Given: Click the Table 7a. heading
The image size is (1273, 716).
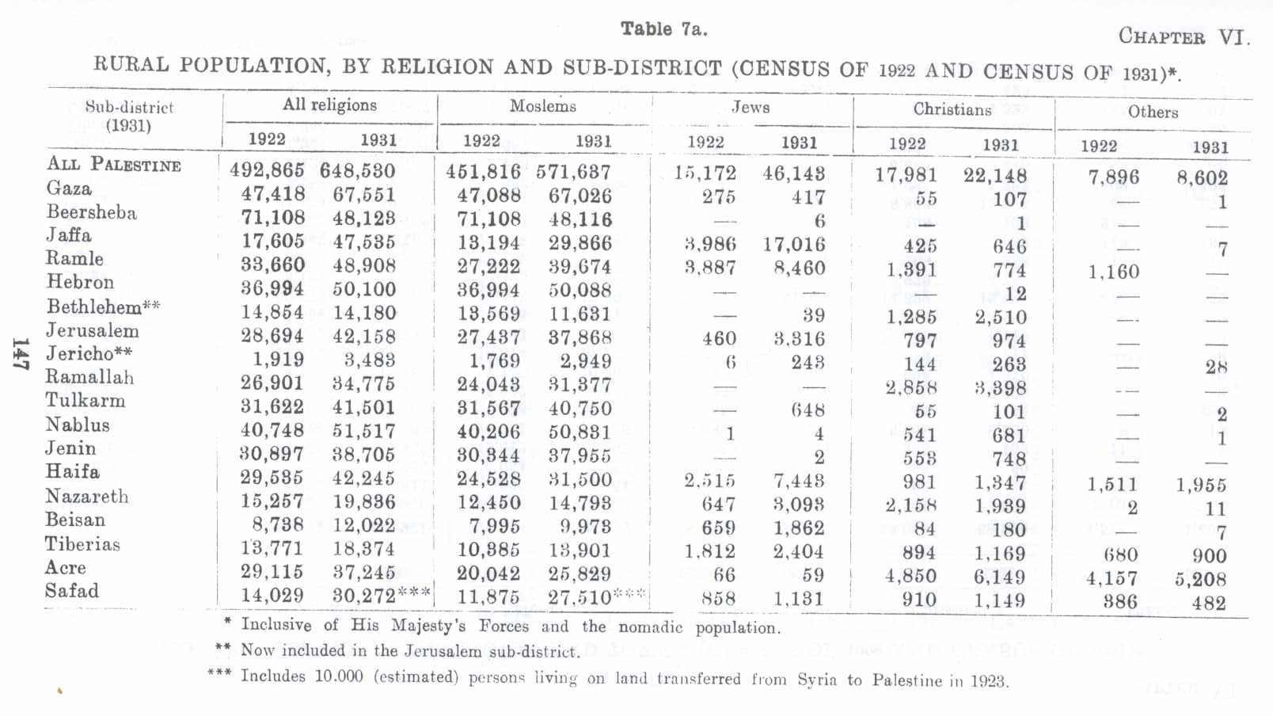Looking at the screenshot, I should point(663,29).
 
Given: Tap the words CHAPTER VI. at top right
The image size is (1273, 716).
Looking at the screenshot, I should point(1183,36).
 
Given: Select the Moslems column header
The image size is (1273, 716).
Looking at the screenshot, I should point(542,106).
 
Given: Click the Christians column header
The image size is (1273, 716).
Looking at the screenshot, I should point(952,109).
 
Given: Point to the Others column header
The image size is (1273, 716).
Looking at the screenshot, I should point(1153,112).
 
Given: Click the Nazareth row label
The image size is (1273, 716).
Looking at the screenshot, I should point(86,497).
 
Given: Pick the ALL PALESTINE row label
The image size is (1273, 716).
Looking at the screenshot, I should point(113,164).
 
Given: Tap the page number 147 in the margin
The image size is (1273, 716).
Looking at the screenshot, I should point(21,354).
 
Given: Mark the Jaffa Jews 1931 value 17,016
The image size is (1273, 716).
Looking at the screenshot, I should point(793,244).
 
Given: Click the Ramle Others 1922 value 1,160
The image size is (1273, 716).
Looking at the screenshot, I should point(1112,272).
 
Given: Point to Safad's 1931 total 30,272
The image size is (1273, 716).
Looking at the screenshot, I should point(363,596).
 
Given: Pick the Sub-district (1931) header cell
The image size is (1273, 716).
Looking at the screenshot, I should point(128,116).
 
